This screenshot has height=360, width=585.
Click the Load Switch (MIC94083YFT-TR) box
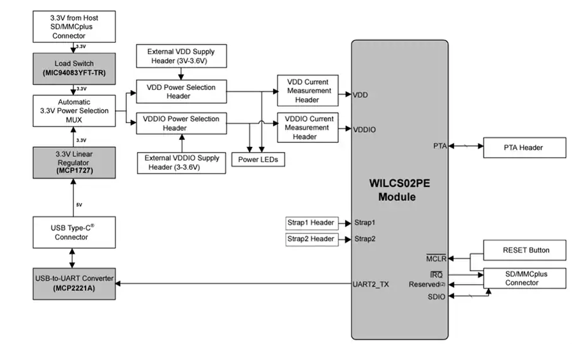[x=74, y=69]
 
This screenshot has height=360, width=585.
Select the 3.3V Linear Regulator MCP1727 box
[x=74, y=162]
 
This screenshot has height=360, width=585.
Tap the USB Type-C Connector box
[x=74, y=232]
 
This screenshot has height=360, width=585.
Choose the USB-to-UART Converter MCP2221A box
[x=74, y=283]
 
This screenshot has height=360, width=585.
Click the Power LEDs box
[x=258, y=160]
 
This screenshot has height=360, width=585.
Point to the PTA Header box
[x=524, y=147]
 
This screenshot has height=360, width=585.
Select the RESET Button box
[x=524, y=250]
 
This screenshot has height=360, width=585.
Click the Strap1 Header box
[x=311, y=223]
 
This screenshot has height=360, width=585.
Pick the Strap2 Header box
[x=311, y=239]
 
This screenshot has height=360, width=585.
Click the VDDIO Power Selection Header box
[x=181, y=123]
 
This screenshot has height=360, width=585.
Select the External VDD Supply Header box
[x=181, y=56]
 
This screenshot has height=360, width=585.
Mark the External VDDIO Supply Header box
[x=181, y=163]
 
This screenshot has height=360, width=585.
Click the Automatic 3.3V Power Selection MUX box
[x=74, y=111]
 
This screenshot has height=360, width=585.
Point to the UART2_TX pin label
[x=371, y=283]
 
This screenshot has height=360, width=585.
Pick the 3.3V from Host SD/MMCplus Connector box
[x=74, y=27]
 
